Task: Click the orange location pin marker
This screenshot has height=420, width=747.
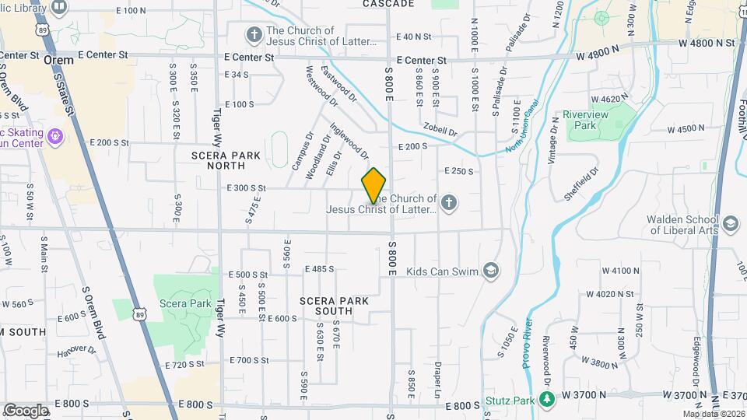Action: pos(374,185)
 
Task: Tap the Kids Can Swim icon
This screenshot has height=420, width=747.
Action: pos(490,270)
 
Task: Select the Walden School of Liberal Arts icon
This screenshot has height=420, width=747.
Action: pos(730,225)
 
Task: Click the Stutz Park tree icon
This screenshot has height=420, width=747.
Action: pos(547,400)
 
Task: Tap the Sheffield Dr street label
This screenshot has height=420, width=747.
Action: pos(589,182)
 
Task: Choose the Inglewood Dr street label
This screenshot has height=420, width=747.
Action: pos(348,141)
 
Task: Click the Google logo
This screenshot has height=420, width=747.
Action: pos(26,410)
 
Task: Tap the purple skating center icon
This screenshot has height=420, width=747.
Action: pos(54,138)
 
